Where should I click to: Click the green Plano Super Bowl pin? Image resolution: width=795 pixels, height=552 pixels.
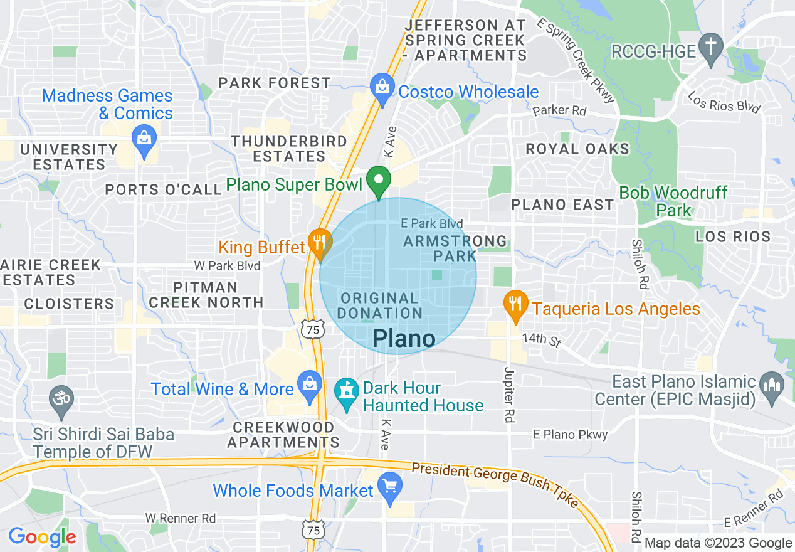point(379,181)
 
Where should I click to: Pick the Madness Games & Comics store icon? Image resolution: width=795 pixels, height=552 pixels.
point(145,139)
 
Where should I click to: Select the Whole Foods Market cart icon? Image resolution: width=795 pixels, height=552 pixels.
point(390,487)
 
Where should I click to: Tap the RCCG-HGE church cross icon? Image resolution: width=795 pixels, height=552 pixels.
point(711,48)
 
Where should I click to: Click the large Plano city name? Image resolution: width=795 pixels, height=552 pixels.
point(404,339)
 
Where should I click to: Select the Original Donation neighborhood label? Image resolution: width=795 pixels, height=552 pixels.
point(381,305)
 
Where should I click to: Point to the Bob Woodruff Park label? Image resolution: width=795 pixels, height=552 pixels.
point(673,201)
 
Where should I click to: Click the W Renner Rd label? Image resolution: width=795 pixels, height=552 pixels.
point(181,518)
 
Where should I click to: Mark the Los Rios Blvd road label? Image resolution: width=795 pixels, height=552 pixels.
point(724,103)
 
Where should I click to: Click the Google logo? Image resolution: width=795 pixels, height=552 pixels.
point(42,537)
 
